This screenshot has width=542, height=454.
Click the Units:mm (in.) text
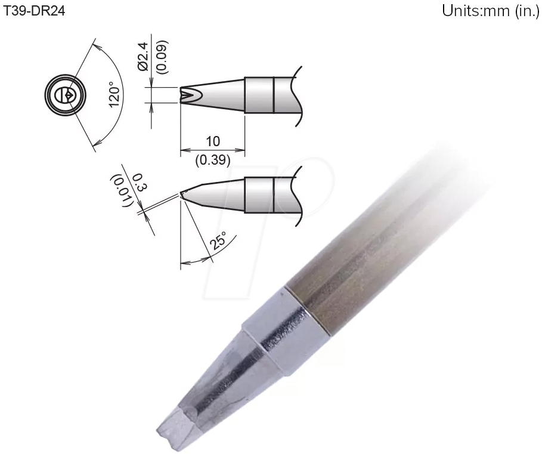point(490,13)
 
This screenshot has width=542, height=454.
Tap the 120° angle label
point(114,95)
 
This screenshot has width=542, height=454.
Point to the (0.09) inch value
point(162,57)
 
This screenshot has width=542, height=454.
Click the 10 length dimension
point(212,141)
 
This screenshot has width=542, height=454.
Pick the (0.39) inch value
point(212,160)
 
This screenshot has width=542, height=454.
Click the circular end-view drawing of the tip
point(66,95)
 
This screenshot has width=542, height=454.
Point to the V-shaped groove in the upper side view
point(189,95)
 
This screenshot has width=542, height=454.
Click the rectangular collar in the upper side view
point(259,95)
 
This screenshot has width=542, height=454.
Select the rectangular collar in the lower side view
point(259,195)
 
